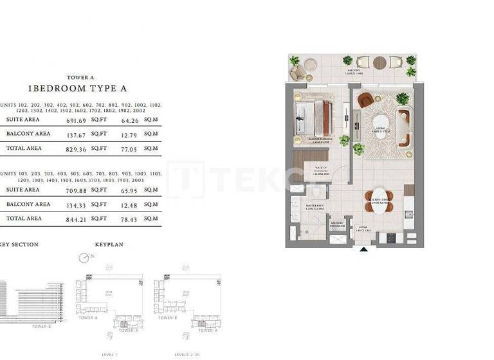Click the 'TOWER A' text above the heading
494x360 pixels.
coord(80,77)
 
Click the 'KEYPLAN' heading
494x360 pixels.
coord(109,245)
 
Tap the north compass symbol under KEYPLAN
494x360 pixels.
coord(84,258)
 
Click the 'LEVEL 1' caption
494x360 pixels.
coord(111,354)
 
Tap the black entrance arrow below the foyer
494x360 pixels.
coord(364,250)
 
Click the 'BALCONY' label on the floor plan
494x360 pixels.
coord(354,71)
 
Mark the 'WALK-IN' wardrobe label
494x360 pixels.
coord(320,170)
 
